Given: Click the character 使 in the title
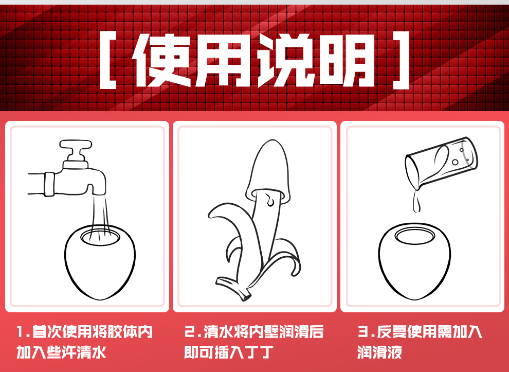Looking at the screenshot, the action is pyautogui.click(x=162, y=60).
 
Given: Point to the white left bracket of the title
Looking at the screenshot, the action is pyautogui.click(x=108, y=60).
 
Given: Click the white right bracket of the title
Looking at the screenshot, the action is pyautogui.click(x=401, y=60).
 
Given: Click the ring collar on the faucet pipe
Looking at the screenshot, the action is pyautogui.click(x=49, y=184).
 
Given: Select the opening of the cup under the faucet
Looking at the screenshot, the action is pyautogui.click(x=100, y=237).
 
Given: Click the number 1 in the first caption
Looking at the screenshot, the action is pyautogui.click(x=21, y=332).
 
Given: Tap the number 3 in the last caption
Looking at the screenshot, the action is pyautogui.click(x=362, y=332).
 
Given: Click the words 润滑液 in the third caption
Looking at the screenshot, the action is pyautogui.click(x=379, y=352).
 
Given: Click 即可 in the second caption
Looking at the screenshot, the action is pyautogui.click(x=198, y=352).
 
